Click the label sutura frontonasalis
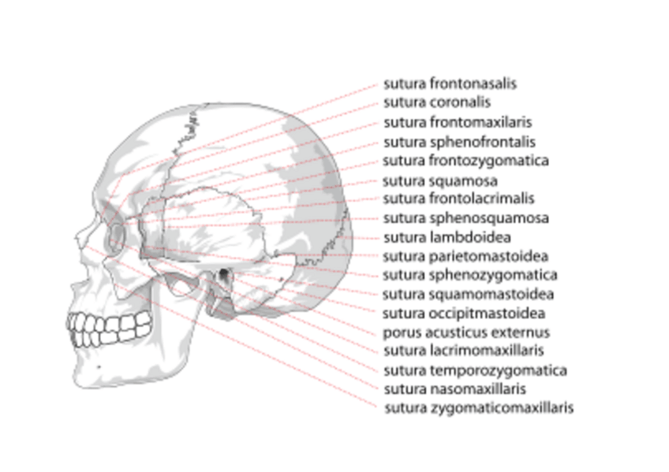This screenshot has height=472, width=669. pos(450,83)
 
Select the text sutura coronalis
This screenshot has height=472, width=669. pos(437,102)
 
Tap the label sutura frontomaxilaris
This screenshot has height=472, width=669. pos(458,122)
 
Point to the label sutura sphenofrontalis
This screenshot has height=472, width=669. pos(459,142)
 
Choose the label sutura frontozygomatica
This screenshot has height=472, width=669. pos(465,161)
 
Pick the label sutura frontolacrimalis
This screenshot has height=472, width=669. pos(458,199)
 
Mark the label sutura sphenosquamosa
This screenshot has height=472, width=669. pos(465,218)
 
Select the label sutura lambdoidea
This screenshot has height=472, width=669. pos(447,237)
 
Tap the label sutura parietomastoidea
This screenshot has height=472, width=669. pos(465,256)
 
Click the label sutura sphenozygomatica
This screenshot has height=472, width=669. pos(470,275)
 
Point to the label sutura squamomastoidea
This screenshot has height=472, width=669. pos(468,295)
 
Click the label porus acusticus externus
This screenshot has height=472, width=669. pos(466,333)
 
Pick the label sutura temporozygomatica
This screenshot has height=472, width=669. pos(475,370)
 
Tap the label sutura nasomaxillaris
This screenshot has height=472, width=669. pos(454,389)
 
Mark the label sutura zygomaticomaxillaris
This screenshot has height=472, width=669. pos(478,408)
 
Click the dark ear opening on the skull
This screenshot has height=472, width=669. pos(224,275)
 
